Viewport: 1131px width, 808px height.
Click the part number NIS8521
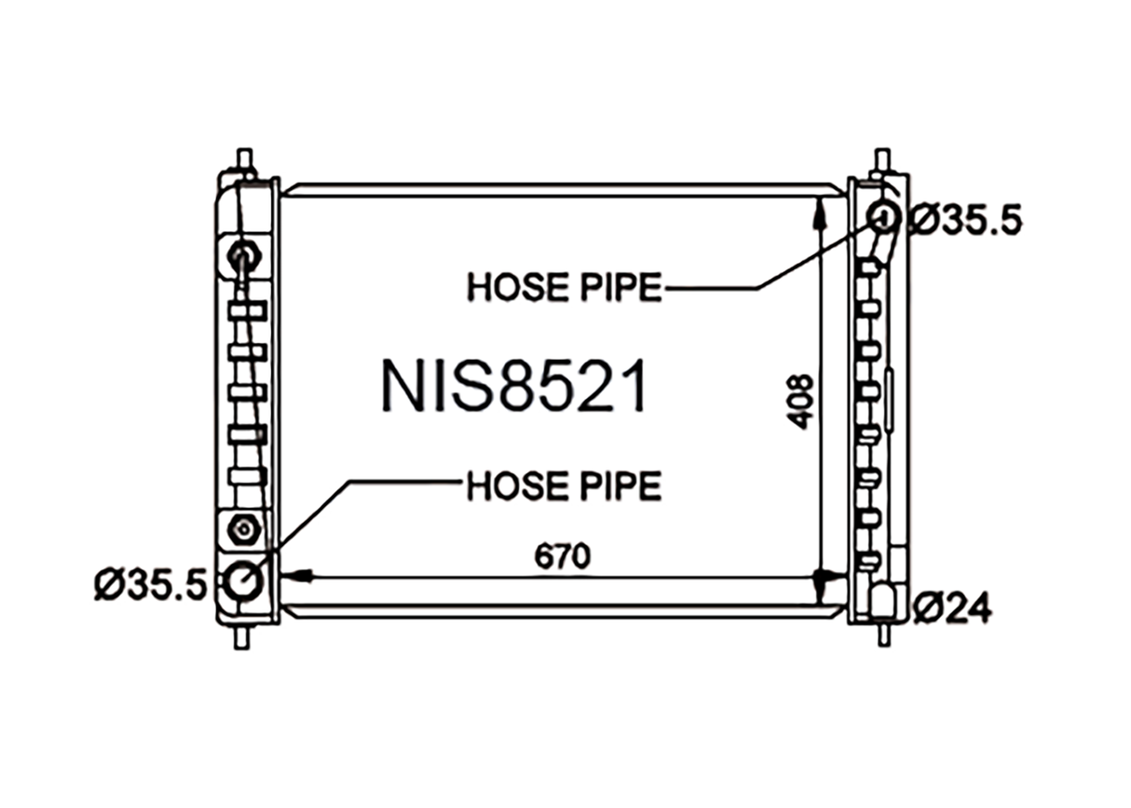514,387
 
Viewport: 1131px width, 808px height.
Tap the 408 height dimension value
800,402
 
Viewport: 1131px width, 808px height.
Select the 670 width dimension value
563,556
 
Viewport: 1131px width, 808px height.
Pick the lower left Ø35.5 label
151,585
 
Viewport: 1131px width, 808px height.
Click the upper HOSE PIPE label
565,287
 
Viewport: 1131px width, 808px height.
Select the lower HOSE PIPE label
565,486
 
